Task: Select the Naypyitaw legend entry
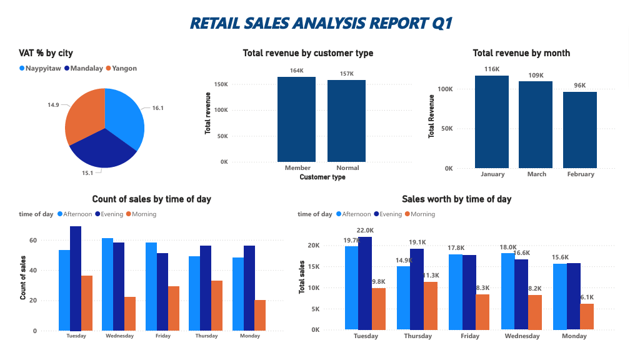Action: tap(43, 68)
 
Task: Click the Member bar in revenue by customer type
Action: tap(297, 119)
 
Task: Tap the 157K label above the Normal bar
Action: tap(347, 74)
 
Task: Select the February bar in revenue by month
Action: tap(581, 130)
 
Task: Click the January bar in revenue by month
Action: tap(492, 122)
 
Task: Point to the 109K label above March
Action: tap(536, 75)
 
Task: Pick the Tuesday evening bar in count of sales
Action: tap(76, 278)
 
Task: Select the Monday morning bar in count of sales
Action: tap(260, 315)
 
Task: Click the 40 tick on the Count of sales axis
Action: tap(33, 271)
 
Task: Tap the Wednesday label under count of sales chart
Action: tap(119, 336)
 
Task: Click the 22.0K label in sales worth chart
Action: tap(365, 231)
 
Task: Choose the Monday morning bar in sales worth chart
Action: tap(587, 316)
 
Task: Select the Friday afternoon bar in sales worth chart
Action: tap(455, 291)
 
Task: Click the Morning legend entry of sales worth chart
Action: tap(422, 214)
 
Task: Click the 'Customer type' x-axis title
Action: tap(322, 177)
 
